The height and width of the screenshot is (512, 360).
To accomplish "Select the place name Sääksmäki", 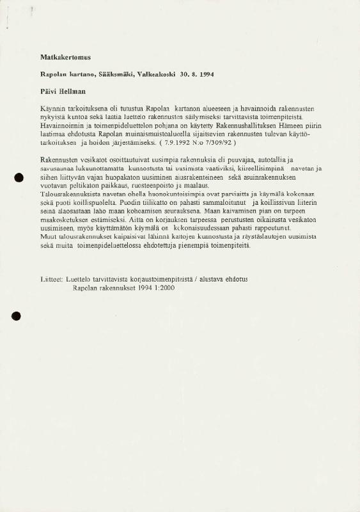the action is tap(116, 75).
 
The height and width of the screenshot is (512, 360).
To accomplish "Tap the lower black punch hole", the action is tap(17, 315).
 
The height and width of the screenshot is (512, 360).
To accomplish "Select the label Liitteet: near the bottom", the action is tap(51, 280).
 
